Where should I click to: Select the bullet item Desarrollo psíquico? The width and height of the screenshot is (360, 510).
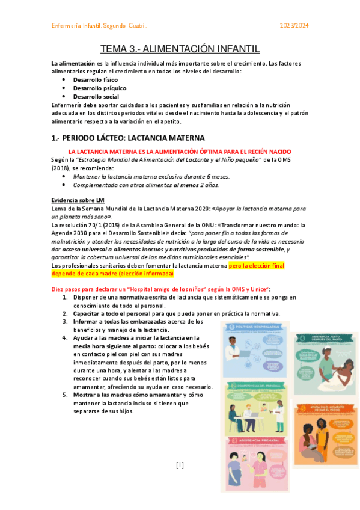point(96,88)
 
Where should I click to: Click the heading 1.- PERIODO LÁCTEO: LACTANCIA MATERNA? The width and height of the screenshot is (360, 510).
point(128,138)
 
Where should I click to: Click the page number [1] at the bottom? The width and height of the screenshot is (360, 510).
point(180,465)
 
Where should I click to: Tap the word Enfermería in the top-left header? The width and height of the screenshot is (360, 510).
point(67,26)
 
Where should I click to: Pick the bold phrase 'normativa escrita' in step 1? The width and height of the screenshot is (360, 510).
point(143,297)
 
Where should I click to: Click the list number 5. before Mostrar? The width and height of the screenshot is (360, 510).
point(65,395)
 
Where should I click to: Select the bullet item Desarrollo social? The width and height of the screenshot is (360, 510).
point(96,96)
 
